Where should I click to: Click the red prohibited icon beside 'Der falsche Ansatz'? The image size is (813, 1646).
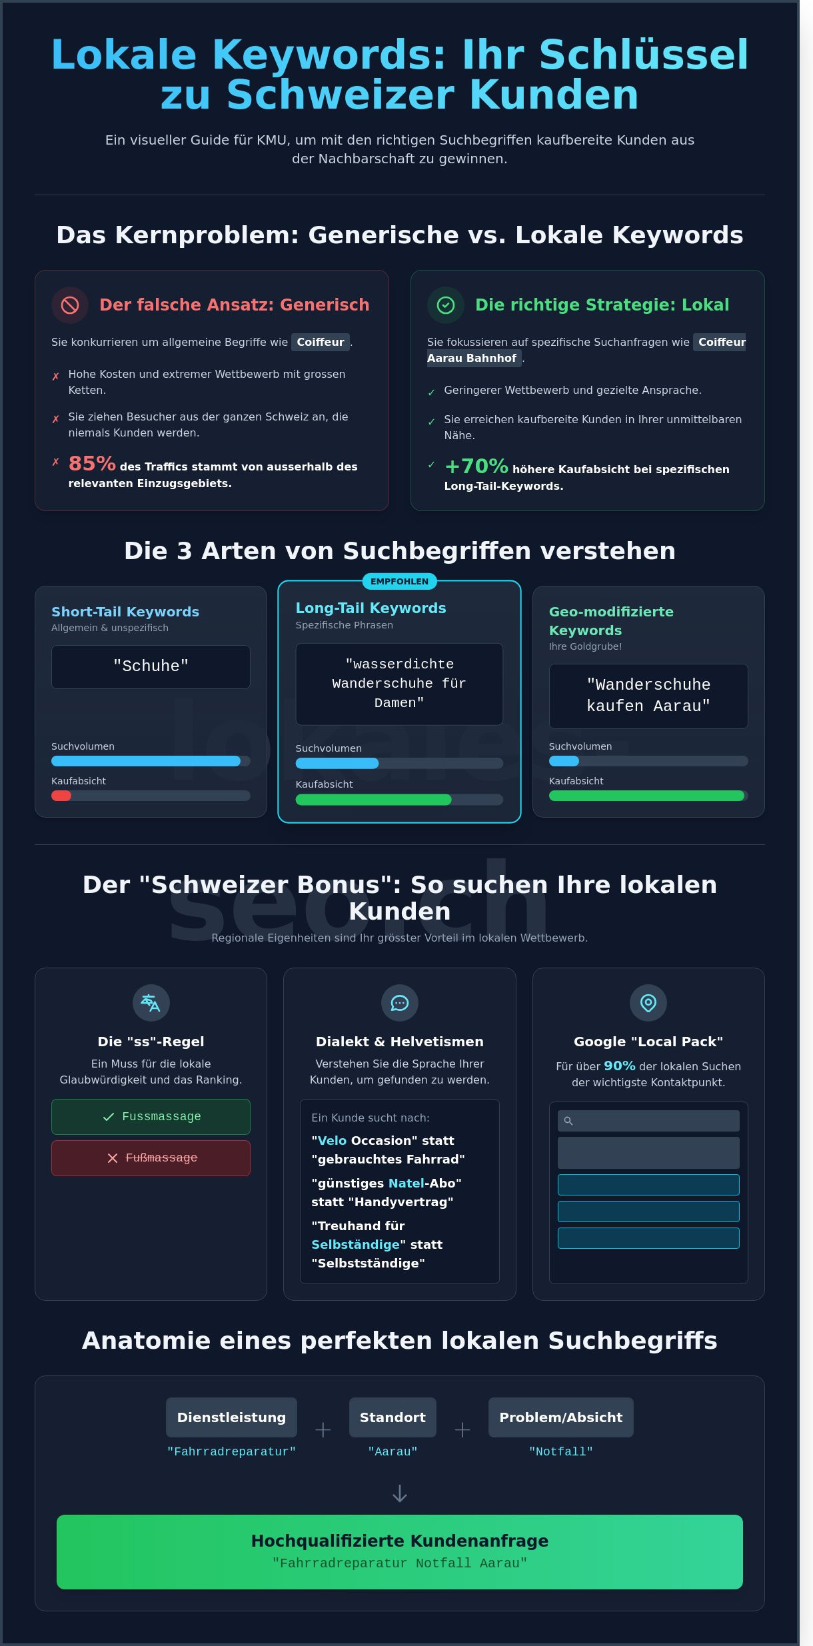point(70,305)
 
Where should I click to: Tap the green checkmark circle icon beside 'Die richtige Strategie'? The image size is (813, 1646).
point(446,305)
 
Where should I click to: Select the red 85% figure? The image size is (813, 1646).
point(92,463)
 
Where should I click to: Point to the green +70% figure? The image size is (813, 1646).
point(476,466)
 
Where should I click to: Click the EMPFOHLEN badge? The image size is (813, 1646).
point(399,582)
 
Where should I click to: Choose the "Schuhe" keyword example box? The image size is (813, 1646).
point(151,666)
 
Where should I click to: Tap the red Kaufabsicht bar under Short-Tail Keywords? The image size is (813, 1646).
point(61,796)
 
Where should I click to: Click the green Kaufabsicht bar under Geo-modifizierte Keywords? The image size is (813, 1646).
point(646,796)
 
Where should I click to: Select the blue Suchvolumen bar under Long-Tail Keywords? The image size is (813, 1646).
point(337,764)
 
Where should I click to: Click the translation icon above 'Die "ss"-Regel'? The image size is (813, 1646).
point(151,1003)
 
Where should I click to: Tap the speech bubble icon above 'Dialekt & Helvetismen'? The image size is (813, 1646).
point(400,1003)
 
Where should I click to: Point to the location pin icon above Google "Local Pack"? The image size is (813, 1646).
point(648,1003)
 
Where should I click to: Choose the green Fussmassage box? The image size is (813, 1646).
point(151,1117)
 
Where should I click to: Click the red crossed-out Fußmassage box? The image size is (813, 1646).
point(151,1158)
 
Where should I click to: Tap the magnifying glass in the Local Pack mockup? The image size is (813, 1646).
point(568,1121)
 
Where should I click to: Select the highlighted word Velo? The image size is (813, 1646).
point(332,1141)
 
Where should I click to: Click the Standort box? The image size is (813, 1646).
point(393,1417)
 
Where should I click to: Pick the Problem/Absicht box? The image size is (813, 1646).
point(560,1417)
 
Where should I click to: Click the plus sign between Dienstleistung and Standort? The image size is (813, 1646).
point(323,1430)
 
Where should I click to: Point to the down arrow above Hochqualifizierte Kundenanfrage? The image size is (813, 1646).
point(400,1494)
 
